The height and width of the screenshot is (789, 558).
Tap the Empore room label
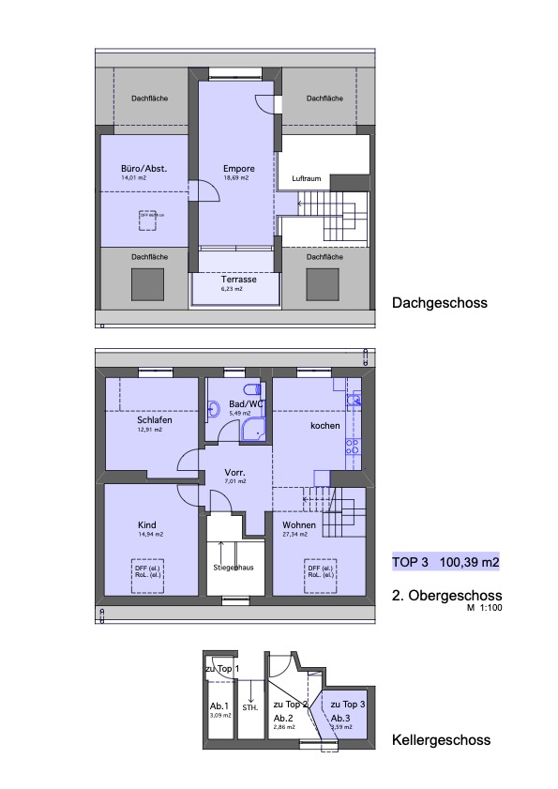pos(238,168)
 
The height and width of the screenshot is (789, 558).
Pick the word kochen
pos(325,425)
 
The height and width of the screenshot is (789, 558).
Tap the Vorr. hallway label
pos(235,472)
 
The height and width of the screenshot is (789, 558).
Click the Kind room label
pos(146,524)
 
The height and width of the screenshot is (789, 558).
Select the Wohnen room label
pos(300,524)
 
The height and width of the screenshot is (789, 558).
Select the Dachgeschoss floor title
pos(440,303)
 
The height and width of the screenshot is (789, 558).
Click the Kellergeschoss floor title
pos(441,740)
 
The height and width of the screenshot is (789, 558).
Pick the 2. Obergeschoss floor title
pos(446,596)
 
